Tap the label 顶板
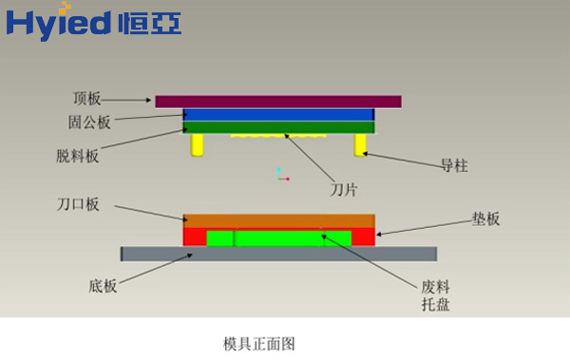pos(86,99)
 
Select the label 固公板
pos(89,122)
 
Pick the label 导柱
pos(454,165)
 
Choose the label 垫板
pos(485,218)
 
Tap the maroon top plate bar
pos(277,101)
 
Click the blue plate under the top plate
pos(278,114)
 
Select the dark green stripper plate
pos(278,126)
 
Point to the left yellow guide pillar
pos(199,144)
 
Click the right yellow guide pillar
pos(361,144)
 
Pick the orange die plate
pos(278,220)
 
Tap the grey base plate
pos(278,253)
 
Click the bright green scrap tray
pos(278,237)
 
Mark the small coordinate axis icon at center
pos(279,174)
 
